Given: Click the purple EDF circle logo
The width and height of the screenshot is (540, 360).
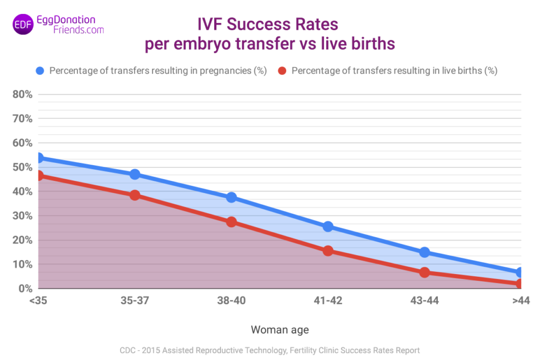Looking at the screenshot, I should [23, 25].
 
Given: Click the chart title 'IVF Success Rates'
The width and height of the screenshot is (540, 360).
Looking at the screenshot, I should [268, 25].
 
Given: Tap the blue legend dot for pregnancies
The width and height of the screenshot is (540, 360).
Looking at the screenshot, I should [40, 71].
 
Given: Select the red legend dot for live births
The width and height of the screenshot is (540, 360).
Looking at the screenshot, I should [282, 71].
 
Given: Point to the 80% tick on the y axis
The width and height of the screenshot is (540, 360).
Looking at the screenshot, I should [22, 94].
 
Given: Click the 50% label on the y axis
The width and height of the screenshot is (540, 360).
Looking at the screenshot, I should [22, 167].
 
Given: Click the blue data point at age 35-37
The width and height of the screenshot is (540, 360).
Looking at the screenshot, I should [134, 175].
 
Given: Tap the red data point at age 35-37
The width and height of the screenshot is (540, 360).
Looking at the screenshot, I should [134, 195].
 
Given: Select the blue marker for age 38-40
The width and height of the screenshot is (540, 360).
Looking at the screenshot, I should [232, 198].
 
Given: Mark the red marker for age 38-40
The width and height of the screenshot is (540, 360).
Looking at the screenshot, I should [232, 222].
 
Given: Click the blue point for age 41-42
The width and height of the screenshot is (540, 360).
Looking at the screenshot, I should [328, 227].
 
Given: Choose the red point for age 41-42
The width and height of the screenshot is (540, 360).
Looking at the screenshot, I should [328, 251].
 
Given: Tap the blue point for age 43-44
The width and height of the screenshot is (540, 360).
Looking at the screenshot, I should [425, 252].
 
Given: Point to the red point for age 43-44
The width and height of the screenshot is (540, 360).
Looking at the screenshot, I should [425, 272].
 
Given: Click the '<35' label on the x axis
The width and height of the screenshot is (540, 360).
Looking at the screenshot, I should [38, 301].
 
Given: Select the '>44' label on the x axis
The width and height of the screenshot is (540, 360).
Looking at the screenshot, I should [520, 301].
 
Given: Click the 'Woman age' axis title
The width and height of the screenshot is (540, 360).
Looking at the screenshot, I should [279, 330].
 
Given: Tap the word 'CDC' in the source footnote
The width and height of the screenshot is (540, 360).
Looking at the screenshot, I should [128, 351].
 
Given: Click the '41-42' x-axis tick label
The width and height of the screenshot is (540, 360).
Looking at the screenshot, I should [328, 301].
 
